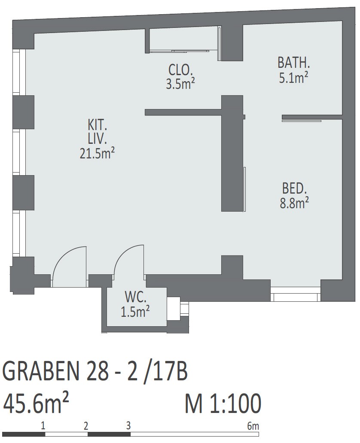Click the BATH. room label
point(294,62)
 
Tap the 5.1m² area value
point(293,77)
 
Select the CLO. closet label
point(181,70)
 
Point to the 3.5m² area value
point(180,84)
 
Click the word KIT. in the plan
point(98,125)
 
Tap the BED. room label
point(294,188)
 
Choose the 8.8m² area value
point(294,203)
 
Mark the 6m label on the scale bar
point(253,426)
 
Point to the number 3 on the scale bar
point(128,425)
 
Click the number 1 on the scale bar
point(43,425)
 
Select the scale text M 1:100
point(223,404)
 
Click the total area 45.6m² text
point(36,404)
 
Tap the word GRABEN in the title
point(40,371)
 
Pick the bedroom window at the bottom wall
point(296,294)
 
